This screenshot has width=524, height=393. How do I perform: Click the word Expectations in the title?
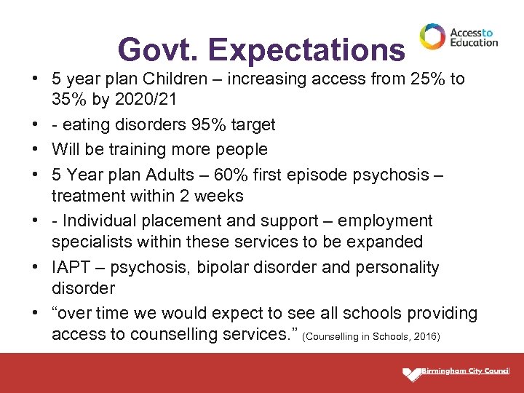[306, 50]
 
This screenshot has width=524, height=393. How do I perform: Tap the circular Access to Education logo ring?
[432, 36]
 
